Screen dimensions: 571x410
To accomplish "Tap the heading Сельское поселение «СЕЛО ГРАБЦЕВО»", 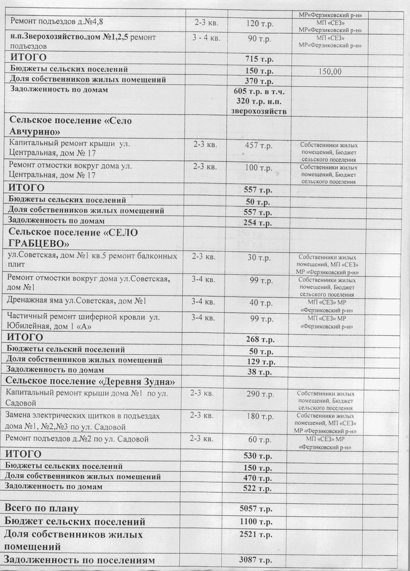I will click(x=73, y=237).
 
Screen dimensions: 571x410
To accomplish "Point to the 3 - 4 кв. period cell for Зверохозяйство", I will click(x=207, y=38).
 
